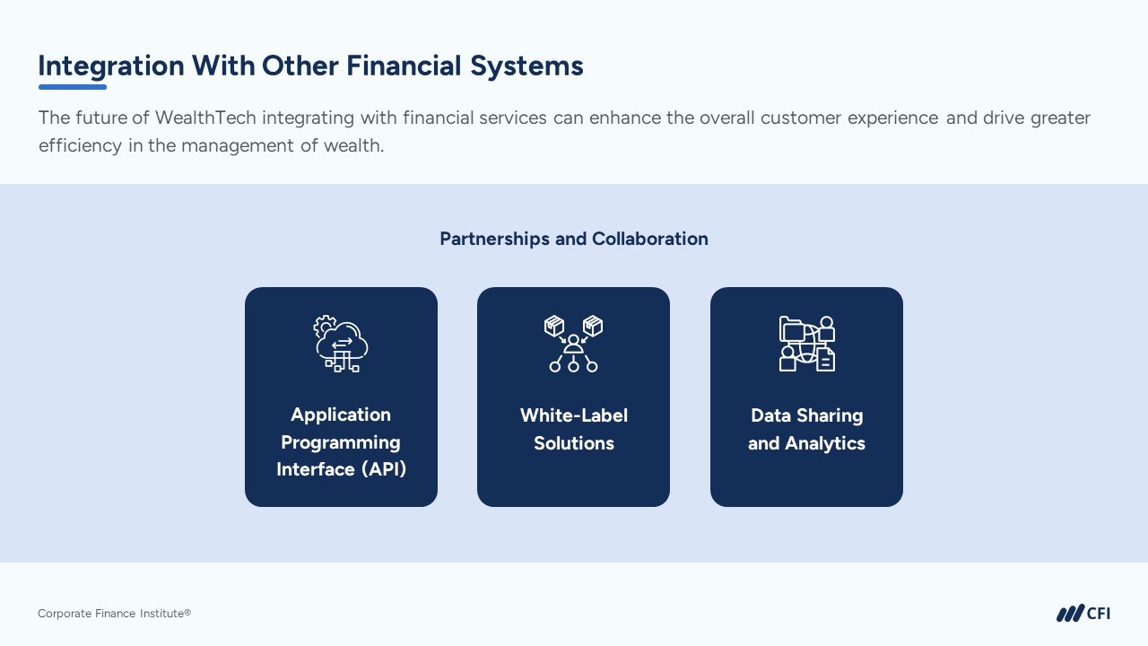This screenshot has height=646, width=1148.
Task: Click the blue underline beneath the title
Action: pyautogui.click(x=72, y=87)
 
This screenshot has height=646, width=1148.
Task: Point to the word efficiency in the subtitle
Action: pyautogui.click(x=80, y=145)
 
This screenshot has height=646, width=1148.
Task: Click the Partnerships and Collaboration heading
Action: pyautogui.click(x=574, y=239)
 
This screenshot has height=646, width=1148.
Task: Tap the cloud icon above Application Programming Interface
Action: pyautogui.click(x=341, y=344)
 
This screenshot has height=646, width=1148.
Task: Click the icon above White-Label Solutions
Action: pyautogui.click(x=573, y=344)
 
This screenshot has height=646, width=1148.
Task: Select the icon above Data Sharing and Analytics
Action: pyautogui.click(x=806, y=344)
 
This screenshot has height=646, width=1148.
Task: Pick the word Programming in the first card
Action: pyautogui.click(x=341, y=442)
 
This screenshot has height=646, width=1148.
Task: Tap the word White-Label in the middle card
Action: pyautogui.click(x=574, y=415)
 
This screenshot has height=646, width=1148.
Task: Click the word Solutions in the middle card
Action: pyautogui.click(x=574, y=443)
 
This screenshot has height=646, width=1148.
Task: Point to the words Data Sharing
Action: pyautogui.click(x=806, y=415)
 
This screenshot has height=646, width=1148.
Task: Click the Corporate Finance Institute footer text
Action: pyautogui.click(x=114, y=614)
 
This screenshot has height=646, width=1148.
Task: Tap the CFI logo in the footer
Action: pyautogui.click(x=1083, y=614)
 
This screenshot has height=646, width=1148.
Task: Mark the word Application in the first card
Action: pyautogui.click(x=341, y=415)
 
